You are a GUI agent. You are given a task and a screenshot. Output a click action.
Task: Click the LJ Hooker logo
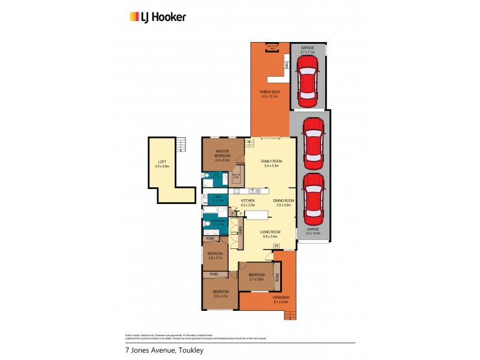click(x=158, y=17)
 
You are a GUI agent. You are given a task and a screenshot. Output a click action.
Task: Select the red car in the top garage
click(x=307, y=76)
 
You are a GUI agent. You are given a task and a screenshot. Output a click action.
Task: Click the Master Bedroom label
click(x=223, y=154)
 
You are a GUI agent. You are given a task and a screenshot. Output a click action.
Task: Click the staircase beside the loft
click(x=179, y=145)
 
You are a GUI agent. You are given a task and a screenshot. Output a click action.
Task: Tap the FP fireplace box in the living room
click(x=277, y=246)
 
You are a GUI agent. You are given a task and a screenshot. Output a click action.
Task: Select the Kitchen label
click(x=248, y=201)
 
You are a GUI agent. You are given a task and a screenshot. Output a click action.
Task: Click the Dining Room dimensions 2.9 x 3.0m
click(x=283, y=205)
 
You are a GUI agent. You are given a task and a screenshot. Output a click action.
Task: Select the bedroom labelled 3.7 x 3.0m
click(x=256, y=277)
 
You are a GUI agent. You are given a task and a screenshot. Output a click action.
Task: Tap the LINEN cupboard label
click(x=240, y=230)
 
